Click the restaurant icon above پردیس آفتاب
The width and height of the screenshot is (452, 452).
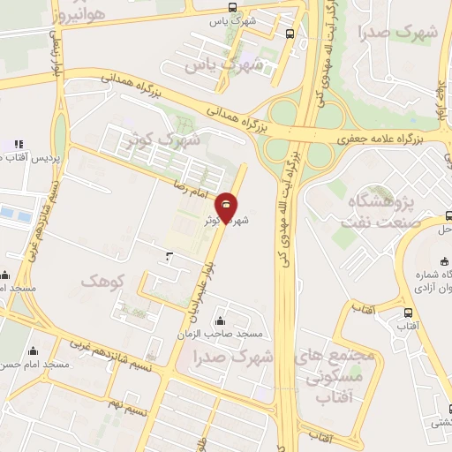pos(18,143)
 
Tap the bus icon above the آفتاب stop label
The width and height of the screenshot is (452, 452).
pos(407,313)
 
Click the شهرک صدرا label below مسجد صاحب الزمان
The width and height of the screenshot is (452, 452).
pos(237,357)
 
